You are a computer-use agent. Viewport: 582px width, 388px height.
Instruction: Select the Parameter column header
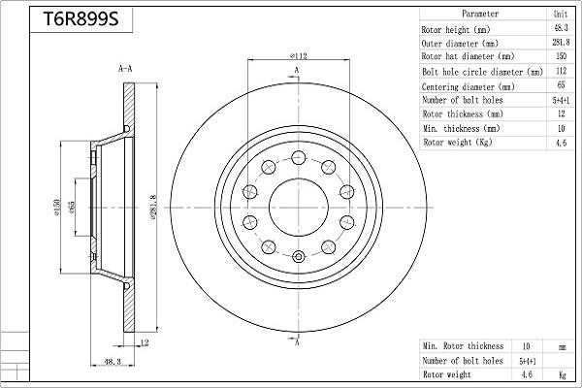(x=480, y=15)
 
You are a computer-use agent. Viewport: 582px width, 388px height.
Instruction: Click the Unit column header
(x=561, y=15)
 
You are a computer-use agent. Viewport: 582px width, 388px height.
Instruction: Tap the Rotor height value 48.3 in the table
(x=561, y=29)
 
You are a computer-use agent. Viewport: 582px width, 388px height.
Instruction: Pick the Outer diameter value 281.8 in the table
(x=561, y=44)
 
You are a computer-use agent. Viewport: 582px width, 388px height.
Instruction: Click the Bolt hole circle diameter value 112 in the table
(x=561, y=72)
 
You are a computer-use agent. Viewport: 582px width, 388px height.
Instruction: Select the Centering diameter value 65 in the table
(x=561, y=85)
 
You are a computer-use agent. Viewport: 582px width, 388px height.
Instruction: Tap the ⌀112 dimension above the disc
(x=298, y=56)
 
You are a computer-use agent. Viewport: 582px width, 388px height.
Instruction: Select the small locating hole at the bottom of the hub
(x=298, y=257)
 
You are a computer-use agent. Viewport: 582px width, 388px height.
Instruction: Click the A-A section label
(x=124, y=70)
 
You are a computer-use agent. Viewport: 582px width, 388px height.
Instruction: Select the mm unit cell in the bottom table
(x=561, y=346)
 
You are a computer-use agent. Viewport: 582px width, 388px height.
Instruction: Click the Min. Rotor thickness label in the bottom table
(x=463, y=346)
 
